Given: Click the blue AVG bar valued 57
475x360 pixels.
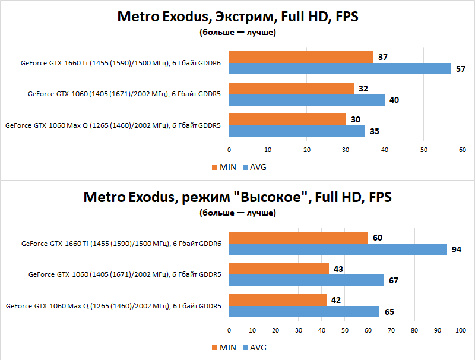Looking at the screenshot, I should coord(340,68).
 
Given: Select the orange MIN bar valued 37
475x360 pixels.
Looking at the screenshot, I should coord(300,57).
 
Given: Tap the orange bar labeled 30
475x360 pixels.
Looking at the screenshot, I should coord(287,119).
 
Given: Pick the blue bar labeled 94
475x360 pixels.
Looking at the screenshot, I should coord(337,249).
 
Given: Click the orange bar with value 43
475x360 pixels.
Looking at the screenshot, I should coord(278,269).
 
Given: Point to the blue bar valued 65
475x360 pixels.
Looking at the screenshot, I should coord(304,311).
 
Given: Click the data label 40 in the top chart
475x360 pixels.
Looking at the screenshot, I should coord(394,100).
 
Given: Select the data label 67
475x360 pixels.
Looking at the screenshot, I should coord(394,280).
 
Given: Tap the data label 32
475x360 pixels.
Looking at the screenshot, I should coord(363,89).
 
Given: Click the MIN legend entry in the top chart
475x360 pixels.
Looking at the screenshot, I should coord(223,167).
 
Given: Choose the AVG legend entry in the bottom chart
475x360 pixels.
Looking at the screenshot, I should coord(254,348).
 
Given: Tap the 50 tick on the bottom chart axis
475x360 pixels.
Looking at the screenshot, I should coord(344,329).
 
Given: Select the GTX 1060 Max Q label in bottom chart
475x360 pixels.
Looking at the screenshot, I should coord(113,306).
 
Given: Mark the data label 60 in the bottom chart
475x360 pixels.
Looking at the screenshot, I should coord(378,238).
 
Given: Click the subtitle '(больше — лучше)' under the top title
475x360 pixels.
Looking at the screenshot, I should coord(237,32).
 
